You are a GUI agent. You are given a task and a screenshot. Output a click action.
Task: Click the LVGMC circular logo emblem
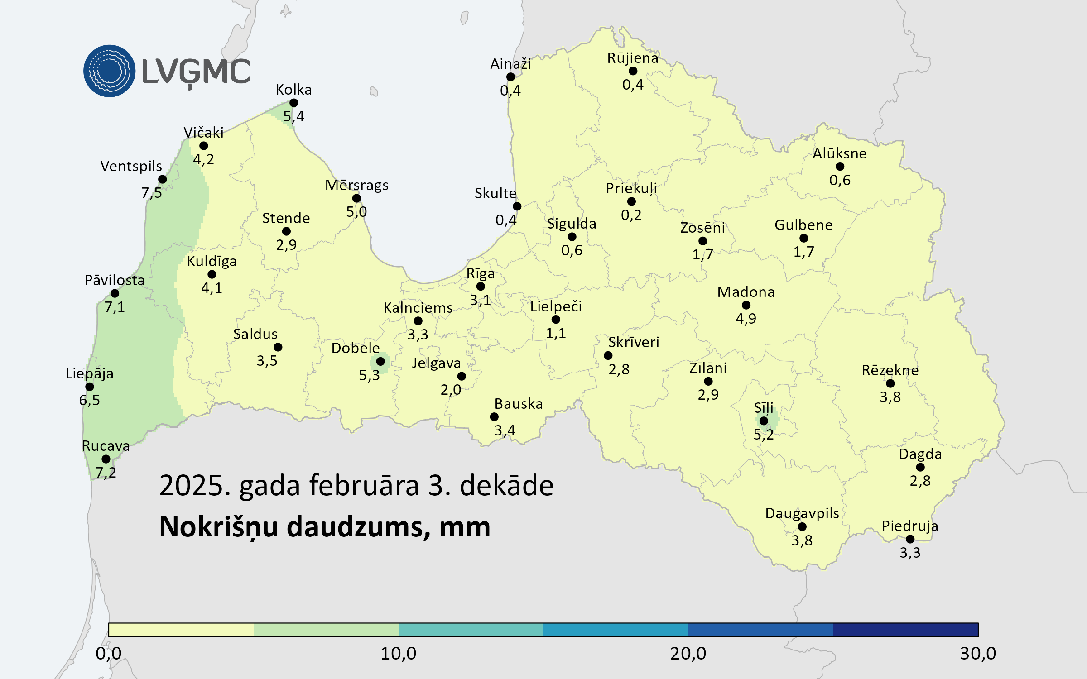click(x=109, y=71)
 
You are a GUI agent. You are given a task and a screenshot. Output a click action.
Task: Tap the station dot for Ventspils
click(x=163, y=179)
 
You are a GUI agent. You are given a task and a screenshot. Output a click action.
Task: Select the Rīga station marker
click(x=481, y=286)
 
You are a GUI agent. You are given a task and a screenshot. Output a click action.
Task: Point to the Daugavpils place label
click(x=802, y=513)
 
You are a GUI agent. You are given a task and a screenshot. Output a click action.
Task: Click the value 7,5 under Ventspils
click(x=151, y=193)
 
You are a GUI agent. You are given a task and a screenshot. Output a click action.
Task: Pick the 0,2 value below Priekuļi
click(x=631, y=215)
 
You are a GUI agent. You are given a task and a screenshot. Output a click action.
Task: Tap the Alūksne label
click(x=839, y=153)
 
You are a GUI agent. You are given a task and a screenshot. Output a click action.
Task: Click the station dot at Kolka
click(x=293, y=103)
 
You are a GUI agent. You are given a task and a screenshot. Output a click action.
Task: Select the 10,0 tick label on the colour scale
click(x=398, y=654)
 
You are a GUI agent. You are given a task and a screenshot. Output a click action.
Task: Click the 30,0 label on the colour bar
click(x=978, y=654)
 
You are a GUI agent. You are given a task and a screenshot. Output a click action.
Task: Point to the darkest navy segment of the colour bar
click(x=905, y=630)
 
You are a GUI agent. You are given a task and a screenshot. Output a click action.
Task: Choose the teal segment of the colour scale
click(x=471, y=630)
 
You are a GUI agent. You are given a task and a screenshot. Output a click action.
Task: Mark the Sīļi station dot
click(x=764, y=421)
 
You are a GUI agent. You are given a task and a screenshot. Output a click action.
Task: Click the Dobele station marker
click(x=380, y=361)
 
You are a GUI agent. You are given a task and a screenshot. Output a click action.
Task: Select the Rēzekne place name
click(x=890, y=370)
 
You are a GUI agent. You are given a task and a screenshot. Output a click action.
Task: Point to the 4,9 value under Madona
click(x=746, y=319)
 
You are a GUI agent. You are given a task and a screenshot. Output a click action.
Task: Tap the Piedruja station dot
click(x=910, y=539)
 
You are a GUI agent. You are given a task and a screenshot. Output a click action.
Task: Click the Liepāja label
click(x=89, y=373)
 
